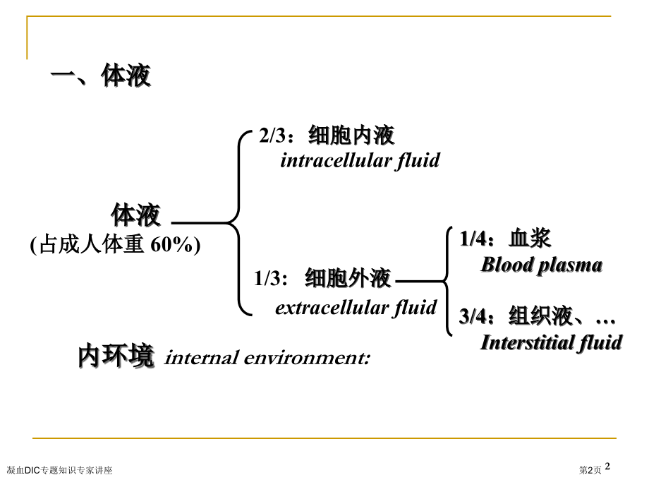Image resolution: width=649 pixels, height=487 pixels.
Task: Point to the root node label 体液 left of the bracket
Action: pyautogui.click(x=135, y=215)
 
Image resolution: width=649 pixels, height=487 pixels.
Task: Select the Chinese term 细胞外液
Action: pyautogui.click(x=348, y=279)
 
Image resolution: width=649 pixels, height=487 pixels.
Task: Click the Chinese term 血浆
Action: pyautogui.click(x=530, y=239)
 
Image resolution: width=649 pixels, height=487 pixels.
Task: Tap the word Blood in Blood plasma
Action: pyautogui.click(x=507, y=265)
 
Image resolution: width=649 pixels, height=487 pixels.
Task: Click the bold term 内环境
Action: pyautogui.click(x=116, y=356)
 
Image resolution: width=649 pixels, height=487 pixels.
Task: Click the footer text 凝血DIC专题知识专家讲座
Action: pyautogui.click(x=59, y=469)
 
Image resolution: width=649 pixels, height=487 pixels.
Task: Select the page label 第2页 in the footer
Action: pyautogui.click(x=590, y=469)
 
